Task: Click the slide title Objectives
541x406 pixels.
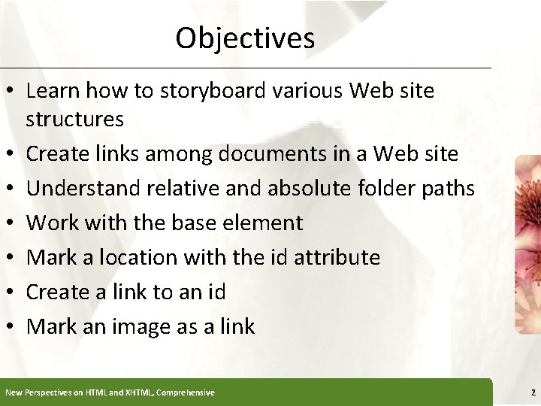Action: (245, 38)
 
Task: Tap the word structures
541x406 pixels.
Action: (74, 119)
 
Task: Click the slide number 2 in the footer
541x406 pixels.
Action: (533, 392)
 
